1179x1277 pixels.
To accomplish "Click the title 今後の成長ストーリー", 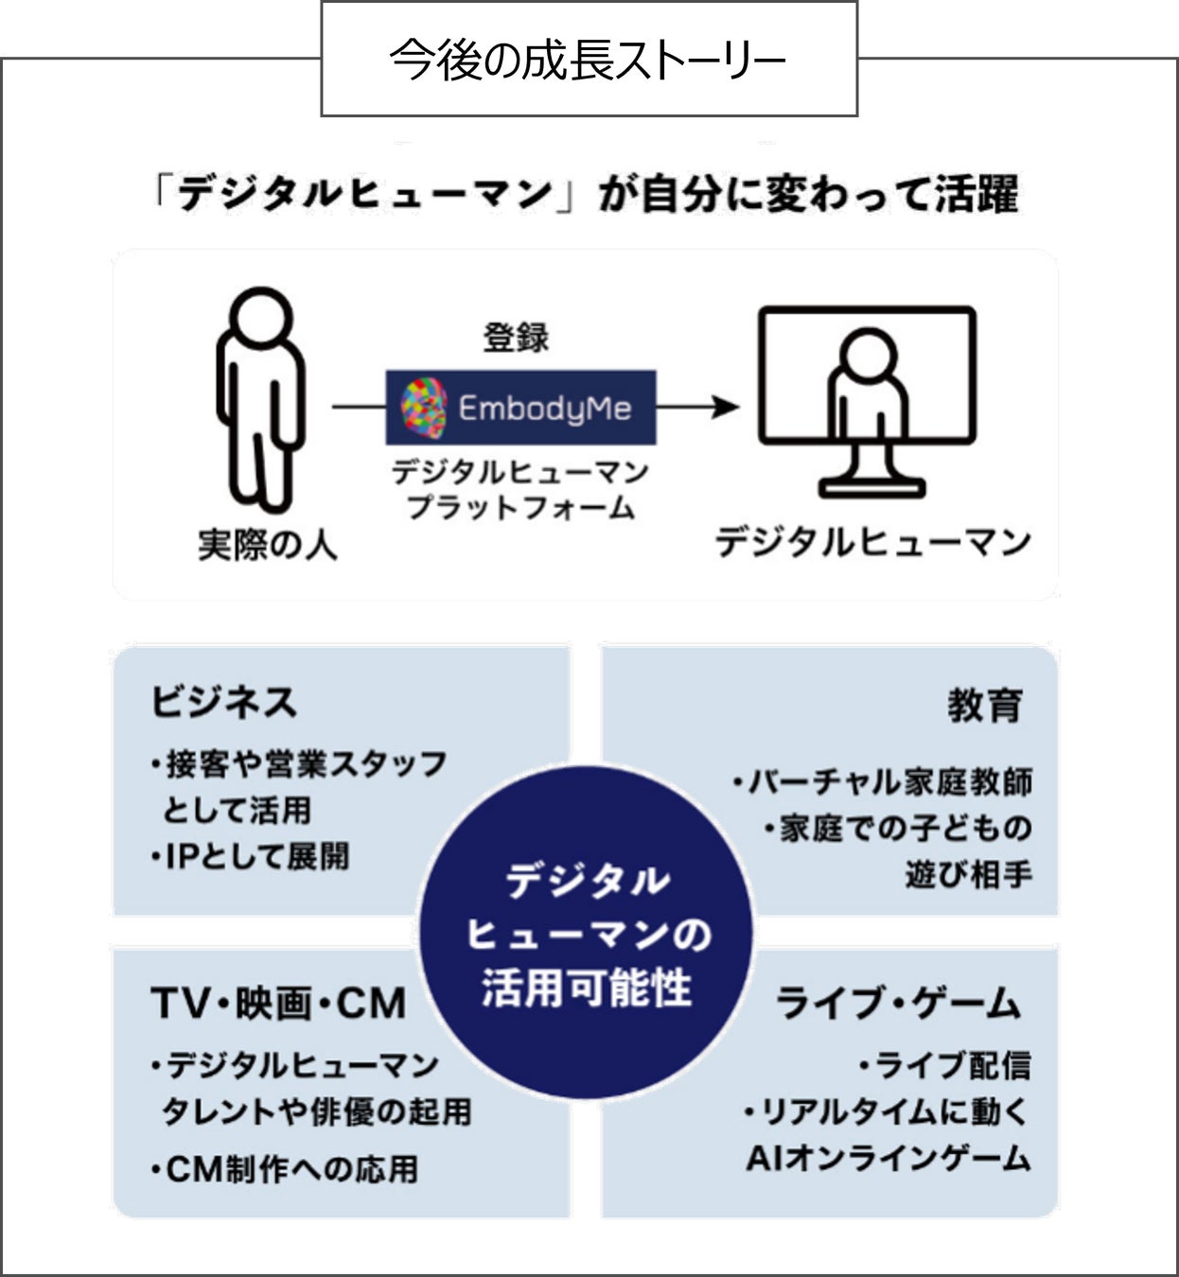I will pos(588,61).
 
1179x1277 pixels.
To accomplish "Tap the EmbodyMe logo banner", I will pos(520,408).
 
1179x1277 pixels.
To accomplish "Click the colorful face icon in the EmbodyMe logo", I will pos(423,407).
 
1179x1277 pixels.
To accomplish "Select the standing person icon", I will pos(260,397).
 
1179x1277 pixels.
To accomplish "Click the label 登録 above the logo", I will pos(516,338).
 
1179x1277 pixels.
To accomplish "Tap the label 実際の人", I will pos(268,544).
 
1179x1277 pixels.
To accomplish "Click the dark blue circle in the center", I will pos(587,932).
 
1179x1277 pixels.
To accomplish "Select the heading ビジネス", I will pos(224,702).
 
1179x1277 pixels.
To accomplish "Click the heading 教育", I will pos(985,706).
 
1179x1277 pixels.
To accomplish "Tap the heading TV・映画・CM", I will pos(278,1003).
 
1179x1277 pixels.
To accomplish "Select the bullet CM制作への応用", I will pos(284,1169).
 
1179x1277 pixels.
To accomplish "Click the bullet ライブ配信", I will pos(945,1065).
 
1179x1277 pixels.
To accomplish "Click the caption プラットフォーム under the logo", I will pos(520,508).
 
